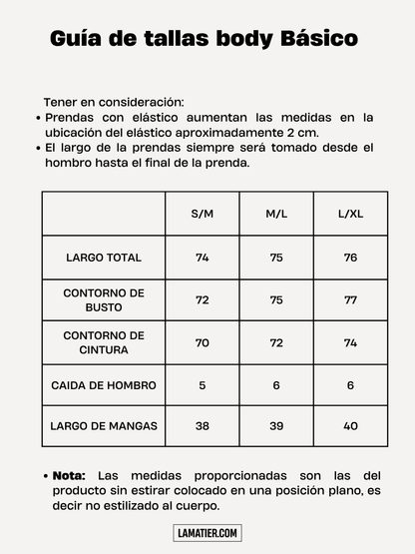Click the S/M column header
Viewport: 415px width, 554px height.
[x=203, y=215]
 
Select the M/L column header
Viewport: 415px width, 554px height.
[x=276, y=215]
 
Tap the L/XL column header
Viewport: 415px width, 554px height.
[x=350, y=215]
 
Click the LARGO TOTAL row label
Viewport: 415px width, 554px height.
[x=104, y=258]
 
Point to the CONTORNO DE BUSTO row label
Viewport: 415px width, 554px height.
[x=104, y=300]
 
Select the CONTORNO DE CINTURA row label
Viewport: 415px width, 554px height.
[x=104, y=342]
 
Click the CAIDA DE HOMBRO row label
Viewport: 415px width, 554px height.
[x=104, y=384]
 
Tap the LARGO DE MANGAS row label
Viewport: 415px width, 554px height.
[x=104, y=426]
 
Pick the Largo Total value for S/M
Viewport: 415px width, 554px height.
[x=203, y=258]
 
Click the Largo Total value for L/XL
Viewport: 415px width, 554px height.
[x=350, y=258]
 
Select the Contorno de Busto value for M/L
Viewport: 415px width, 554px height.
[x=276, y=300]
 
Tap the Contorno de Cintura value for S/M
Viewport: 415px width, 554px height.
[x=203, y=342]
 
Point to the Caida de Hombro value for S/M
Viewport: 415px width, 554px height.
[x=203, y=384]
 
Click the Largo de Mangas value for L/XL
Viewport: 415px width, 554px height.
[x=350, y=426]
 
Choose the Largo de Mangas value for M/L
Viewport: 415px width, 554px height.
[x=276, y=426]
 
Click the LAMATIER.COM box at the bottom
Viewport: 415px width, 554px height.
[x=207, y=534]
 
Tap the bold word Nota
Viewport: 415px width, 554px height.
[x=69, y=475]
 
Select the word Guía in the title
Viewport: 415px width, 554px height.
[x=75, y=39]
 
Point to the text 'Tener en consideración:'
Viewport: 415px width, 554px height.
[x=113, y=102]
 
